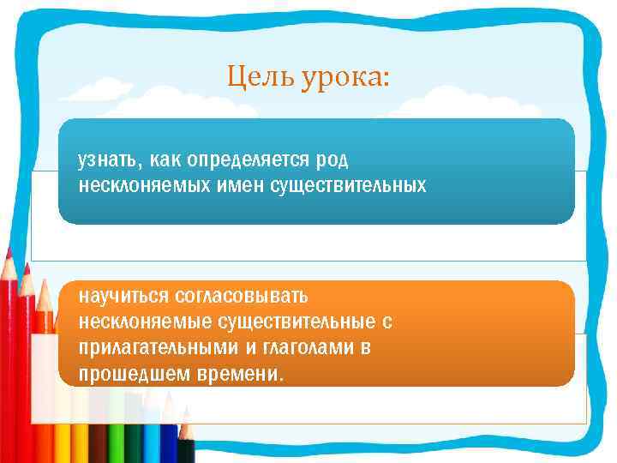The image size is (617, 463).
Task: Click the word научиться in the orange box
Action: pyautogui.click(x=123, y=297)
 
